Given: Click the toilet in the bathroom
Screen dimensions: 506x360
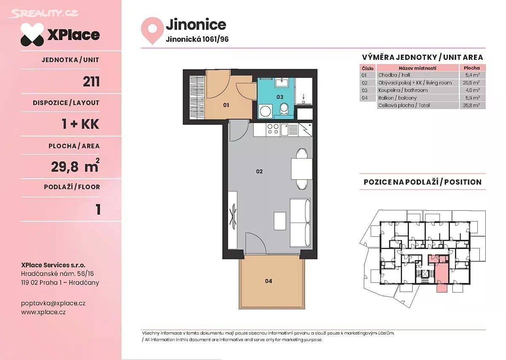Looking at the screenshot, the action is click(x=284, y=109).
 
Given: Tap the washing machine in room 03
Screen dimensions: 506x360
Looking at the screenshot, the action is click(x=265, y=111).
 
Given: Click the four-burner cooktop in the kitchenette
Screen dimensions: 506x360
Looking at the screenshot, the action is click(x=273, y=129).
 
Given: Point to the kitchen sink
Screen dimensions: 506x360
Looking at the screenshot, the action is click(x=284, y=130).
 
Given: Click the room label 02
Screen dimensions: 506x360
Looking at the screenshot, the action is click(x=259, y=172).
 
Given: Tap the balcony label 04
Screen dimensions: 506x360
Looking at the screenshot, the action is click(x=268, y=281).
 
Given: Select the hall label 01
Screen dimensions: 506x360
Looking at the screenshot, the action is click(x=226, y=105).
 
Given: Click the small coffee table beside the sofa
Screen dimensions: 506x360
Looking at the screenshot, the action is click(x=280, y=221).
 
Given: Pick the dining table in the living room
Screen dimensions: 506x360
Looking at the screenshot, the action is click(x=301, y=169).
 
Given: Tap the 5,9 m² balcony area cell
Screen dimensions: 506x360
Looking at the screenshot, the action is click(x=473, y=98).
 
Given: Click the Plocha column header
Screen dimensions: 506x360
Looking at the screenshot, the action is click(x=472, y=68).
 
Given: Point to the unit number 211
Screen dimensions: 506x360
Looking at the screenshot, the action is click(x=91, y=81).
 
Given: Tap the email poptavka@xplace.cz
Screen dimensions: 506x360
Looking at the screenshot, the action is click(x=53, y=303).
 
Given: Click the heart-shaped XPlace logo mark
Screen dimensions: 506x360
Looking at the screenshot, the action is click(x=32, y=34).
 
